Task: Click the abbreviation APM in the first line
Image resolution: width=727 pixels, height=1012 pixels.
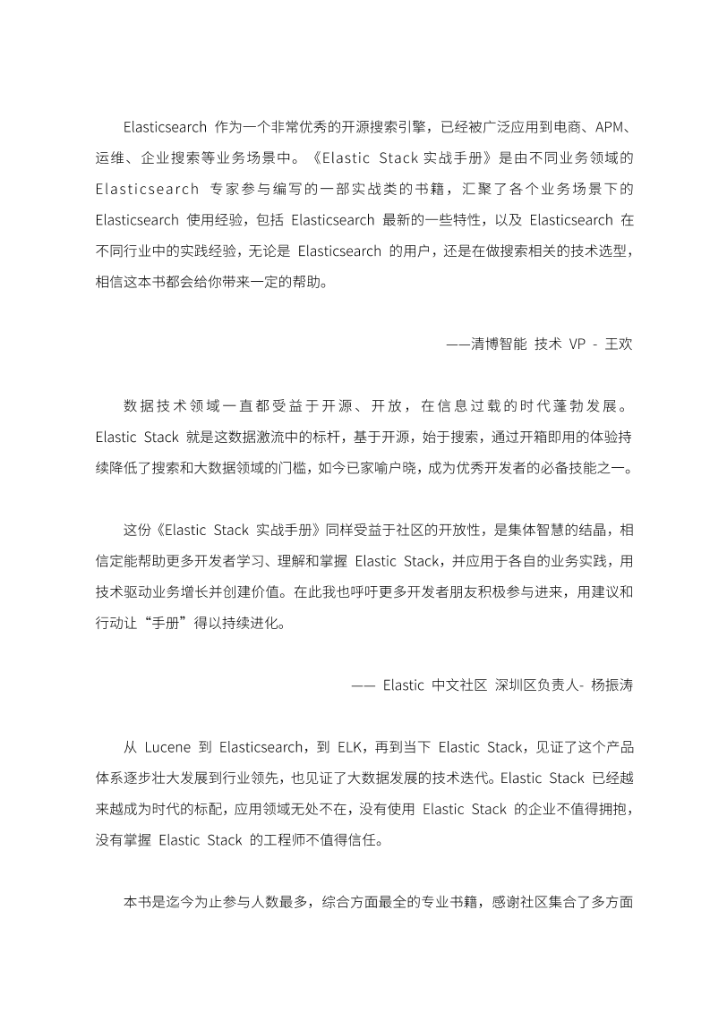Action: point(606,123)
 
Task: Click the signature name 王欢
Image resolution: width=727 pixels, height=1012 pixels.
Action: point(620,344)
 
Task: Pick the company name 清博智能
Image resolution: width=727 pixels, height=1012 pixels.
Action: point(497,344)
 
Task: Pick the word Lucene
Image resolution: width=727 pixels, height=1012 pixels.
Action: point(167,747)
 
